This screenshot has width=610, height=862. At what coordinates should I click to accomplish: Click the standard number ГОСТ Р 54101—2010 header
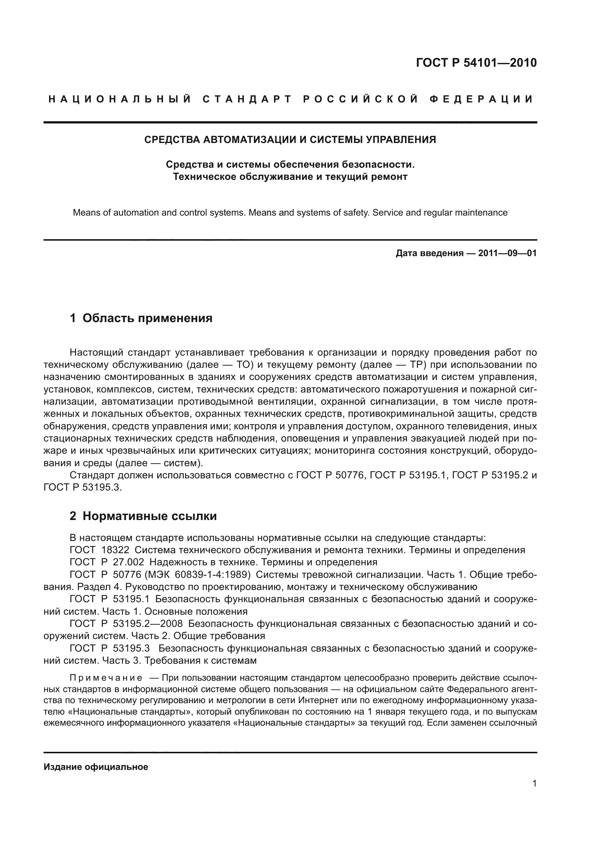(x=476, y=63)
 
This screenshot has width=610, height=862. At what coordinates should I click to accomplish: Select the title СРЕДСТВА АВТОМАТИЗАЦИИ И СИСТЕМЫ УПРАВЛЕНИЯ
(x=290, y=140)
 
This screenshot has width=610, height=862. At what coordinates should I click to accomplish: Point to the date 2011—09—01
(x=507, y=253)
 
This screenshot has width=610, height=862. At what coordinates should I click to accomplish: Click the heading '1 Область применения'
(x=141, y=318)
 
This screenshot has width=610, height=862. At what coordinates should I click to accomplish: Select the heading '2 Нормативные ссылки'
(x=143, y=516)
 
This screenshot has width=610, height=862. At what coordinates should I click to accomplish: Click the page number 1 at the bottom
(x=534, y=783)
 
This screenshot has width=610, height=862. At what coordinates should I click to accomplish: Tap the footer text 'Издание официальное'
(x=96, y=767)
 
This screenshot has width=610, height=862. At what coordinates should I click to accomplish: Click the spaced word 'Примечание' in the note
(x=106, y=678)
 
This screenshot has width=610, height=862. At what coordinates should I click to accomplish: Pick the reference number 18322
(x=115, y=550)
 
